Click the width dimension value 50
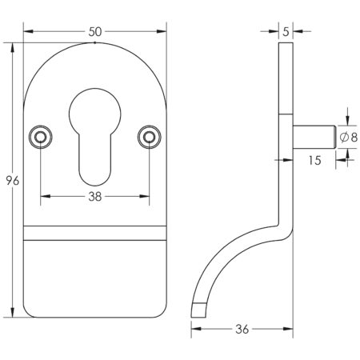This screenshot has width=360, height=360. (95, 31)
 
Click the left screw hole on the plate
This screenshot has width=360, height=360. (39, 138)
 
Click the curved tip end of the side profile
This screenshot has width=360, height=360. (196, 309)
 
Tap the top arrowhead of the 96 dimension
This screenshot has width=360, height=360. (13, 46)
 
